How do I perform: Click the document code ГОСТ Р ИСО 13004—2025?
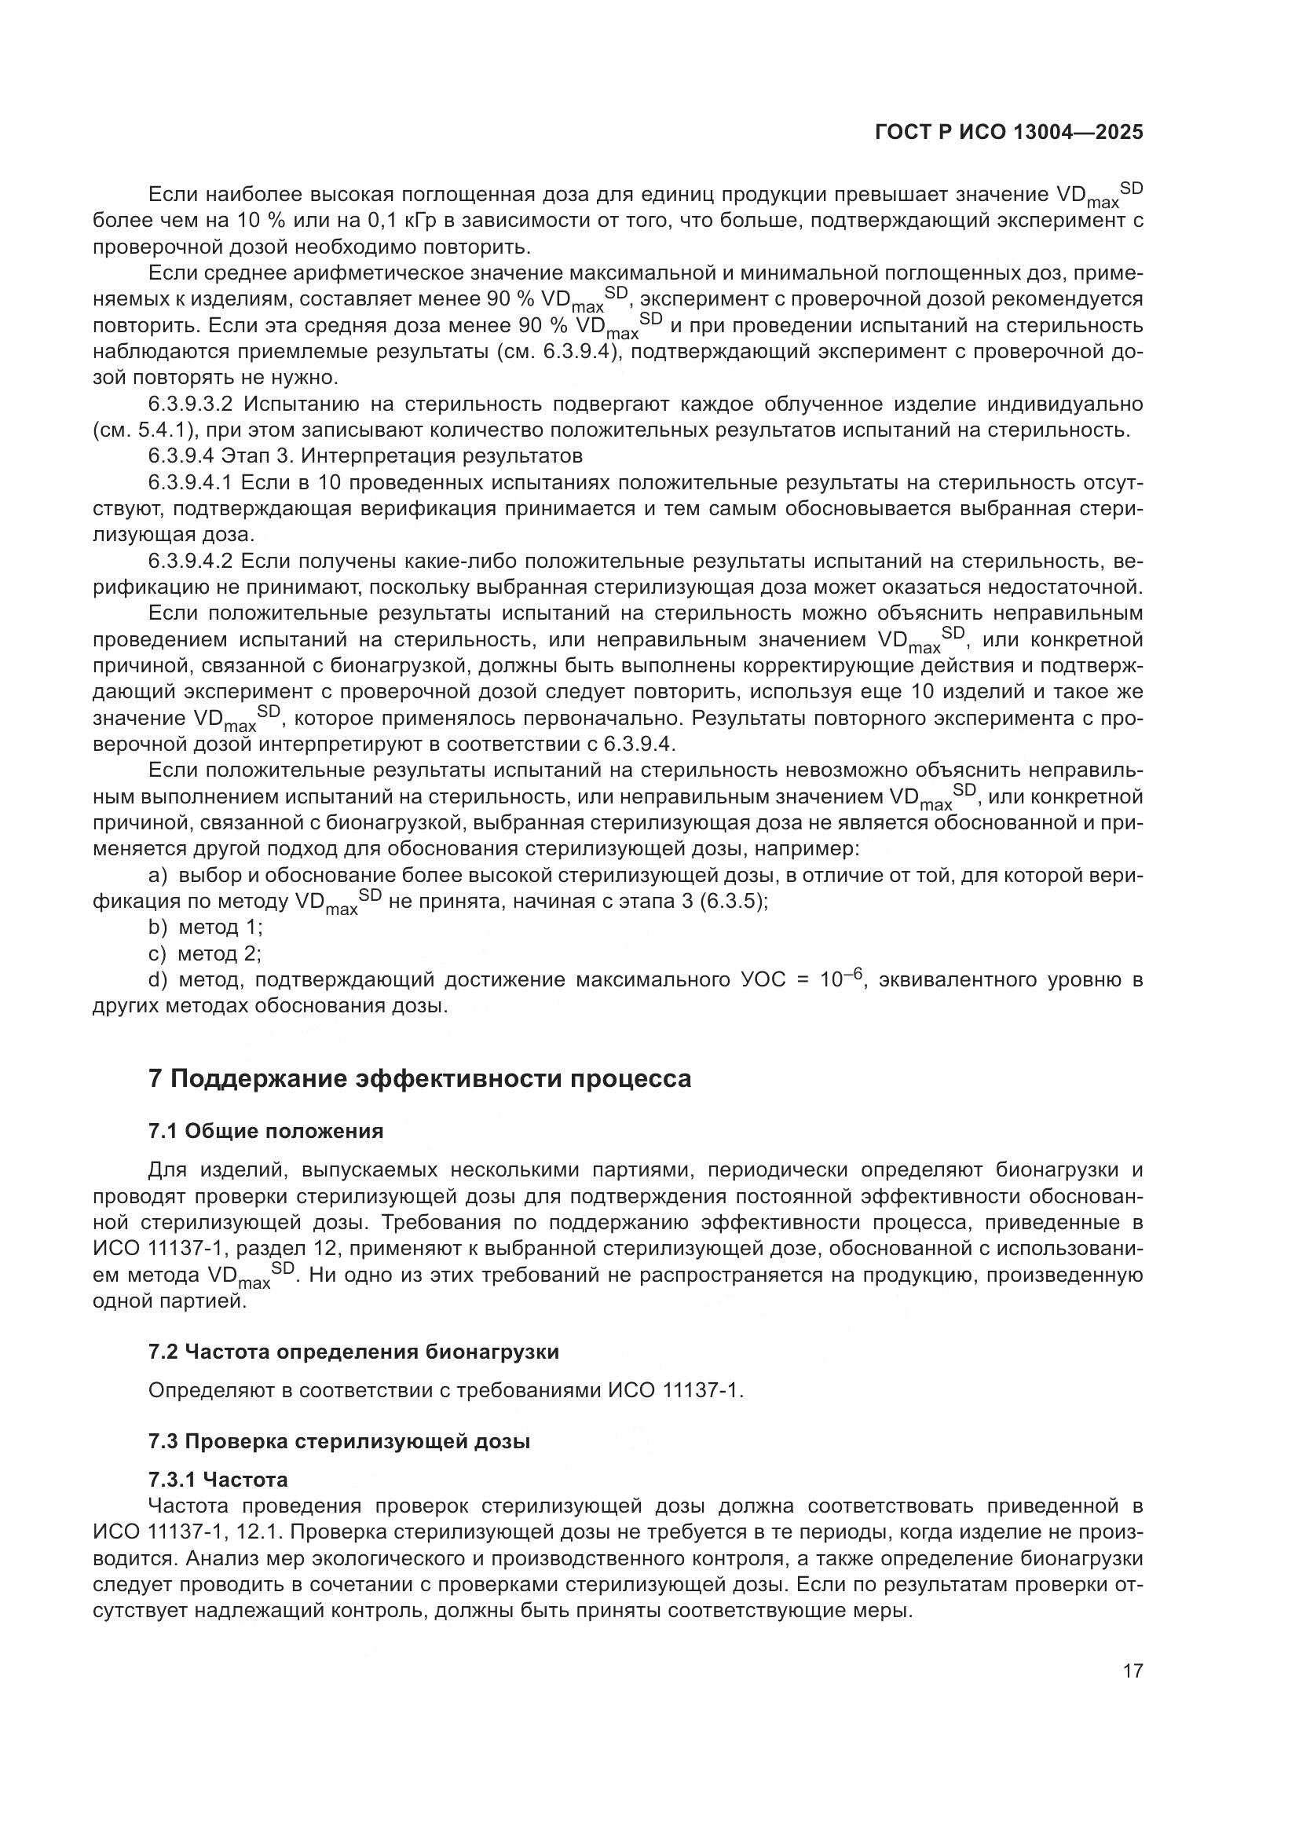(x=1008, y=133)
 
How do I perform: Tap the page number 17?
(x=1133, y=1670)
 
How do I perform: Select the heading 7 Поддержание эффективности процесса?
(x=419, y=1078)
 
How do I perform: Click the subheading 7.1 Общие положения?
(x=265, y=1130)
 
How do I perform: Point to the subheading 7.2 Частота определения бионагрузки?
(x=353, y=1352)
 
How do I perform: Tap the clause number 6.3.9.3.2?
(x=190, y=404)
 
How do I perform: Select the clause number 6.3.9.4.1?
(x=190, y=482)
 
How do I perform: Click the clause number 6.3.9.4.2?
(x=190, y=561)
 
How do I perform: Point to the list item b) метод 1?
(x=206, y=928)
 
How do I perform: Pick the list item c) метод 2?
(x=206, y=953)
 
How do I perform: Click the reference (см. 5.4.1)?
(x=145, y=430)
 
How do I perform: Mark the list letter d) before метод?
(x=158, y=980)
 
